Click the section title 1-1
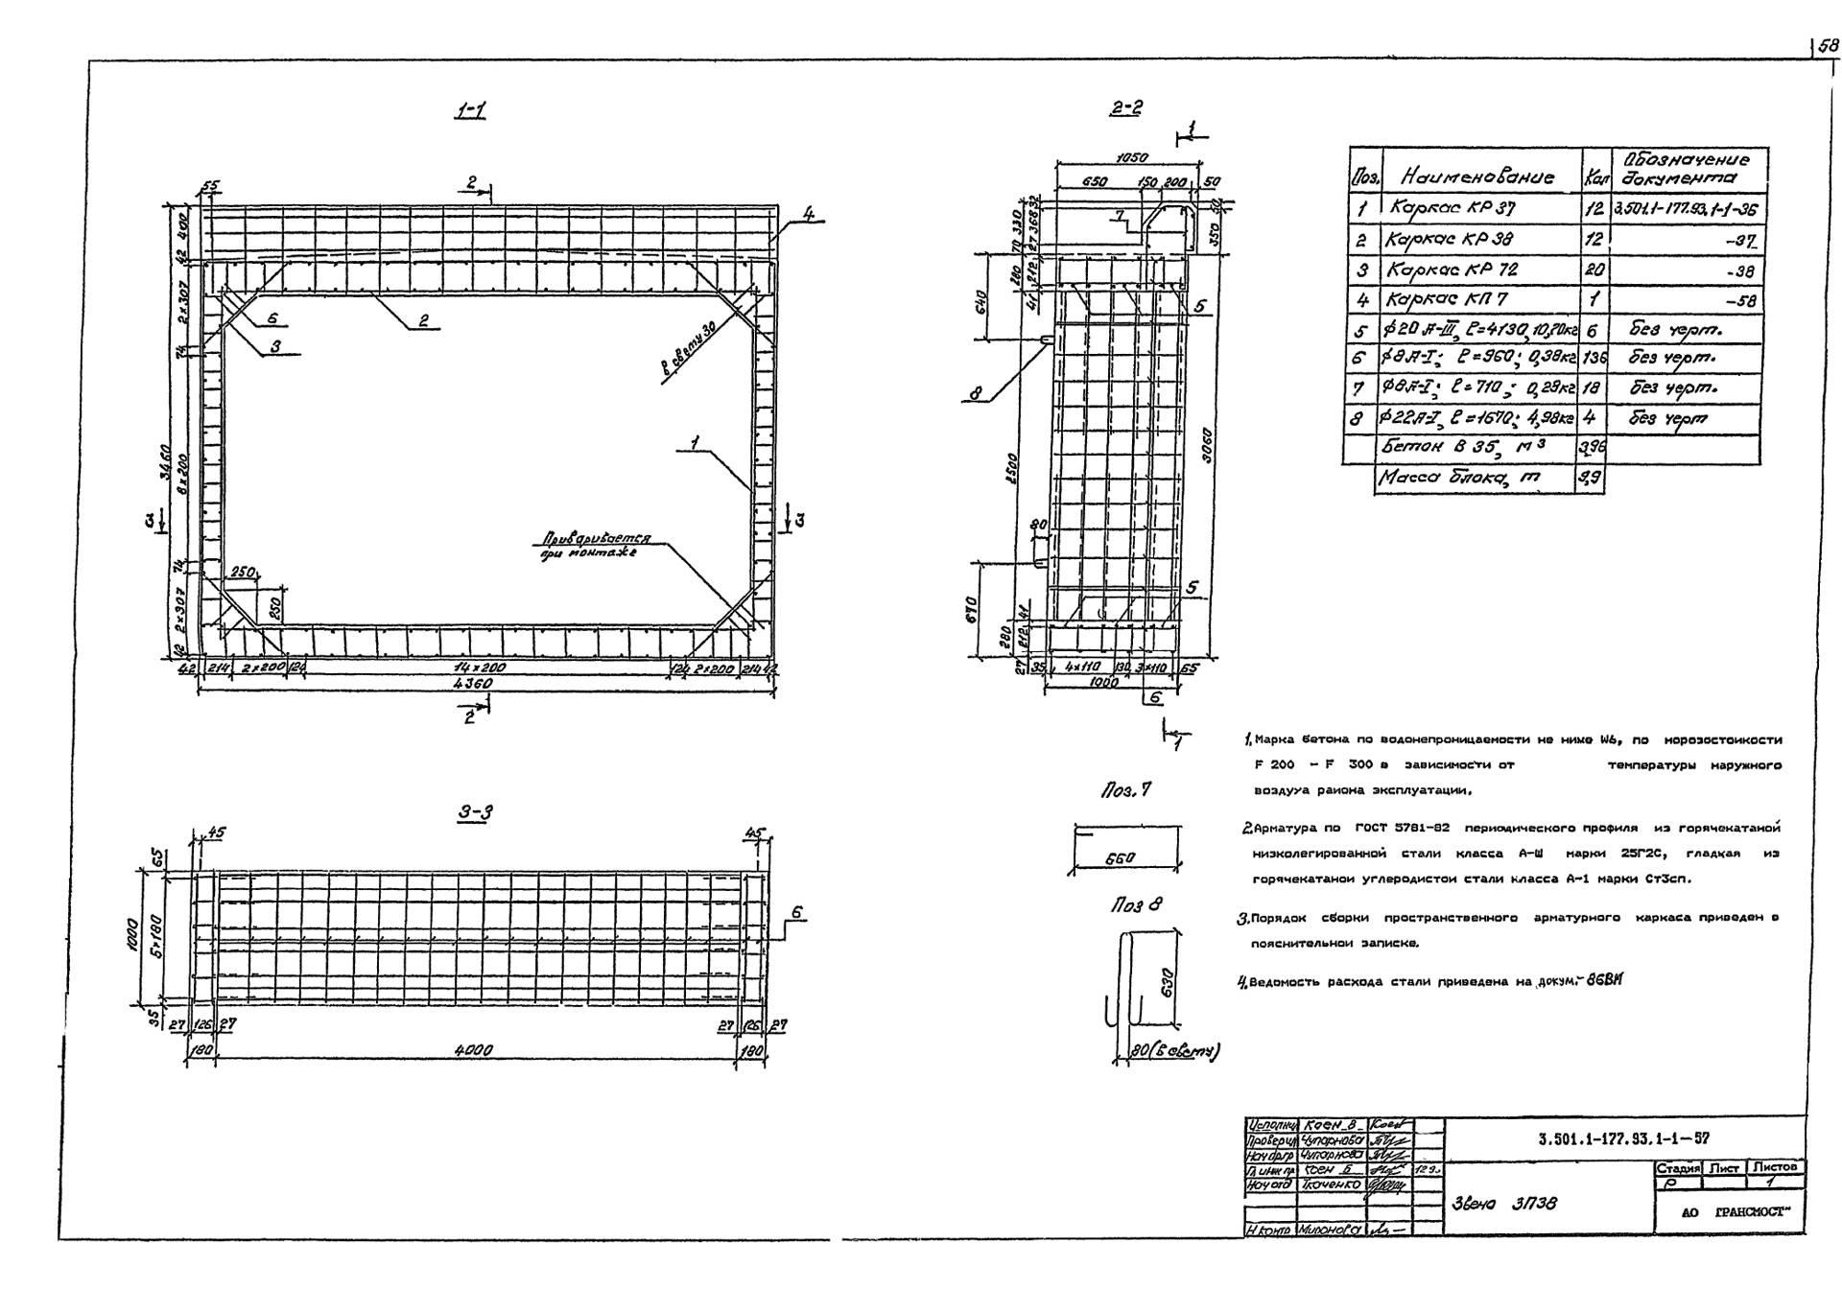pyautogui.click(x=469, y=111)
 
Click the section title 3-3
pyautogui.click(x=475, y=813)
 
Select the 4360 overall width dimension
pyautogui.click(x=473, y=684)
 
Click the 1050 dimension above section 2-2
pyautogui.click(x=1132, y=157)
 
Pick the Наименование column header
pyautogui.click(x=1477, y=176)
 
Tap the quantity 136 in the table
pyautogui.click(x=1593, y=359)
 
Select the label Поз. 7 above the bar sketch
pyautogui.click(x=1125, y=790)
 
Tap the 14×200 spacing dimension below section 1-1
pyautogui.click(x=480, y=668)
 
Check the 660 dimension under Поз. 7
pyautogui.click(x=1120, y=860)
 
